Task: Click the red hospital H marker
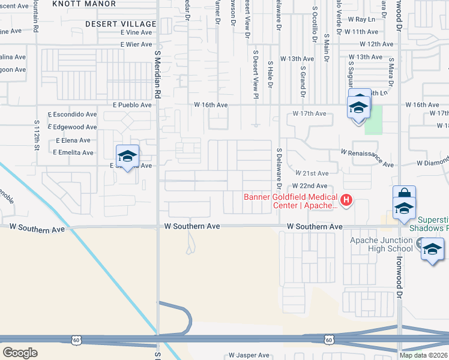(x=346, y=200)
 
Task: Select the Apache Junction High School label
(x=381, y=244)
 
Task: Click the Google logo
(x=19, y=353)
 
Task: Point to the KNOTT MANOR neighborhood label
(x=84, y=4)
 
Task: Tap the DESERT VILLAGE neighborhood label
(x=121, y=23)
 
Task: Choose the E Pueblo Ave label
(x=132, y=105)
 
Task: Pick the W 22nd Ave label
(x=310, y=186)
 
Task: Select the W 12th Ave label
(x=376, y=44)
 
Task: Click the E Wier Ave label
(x=136, y=44)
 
